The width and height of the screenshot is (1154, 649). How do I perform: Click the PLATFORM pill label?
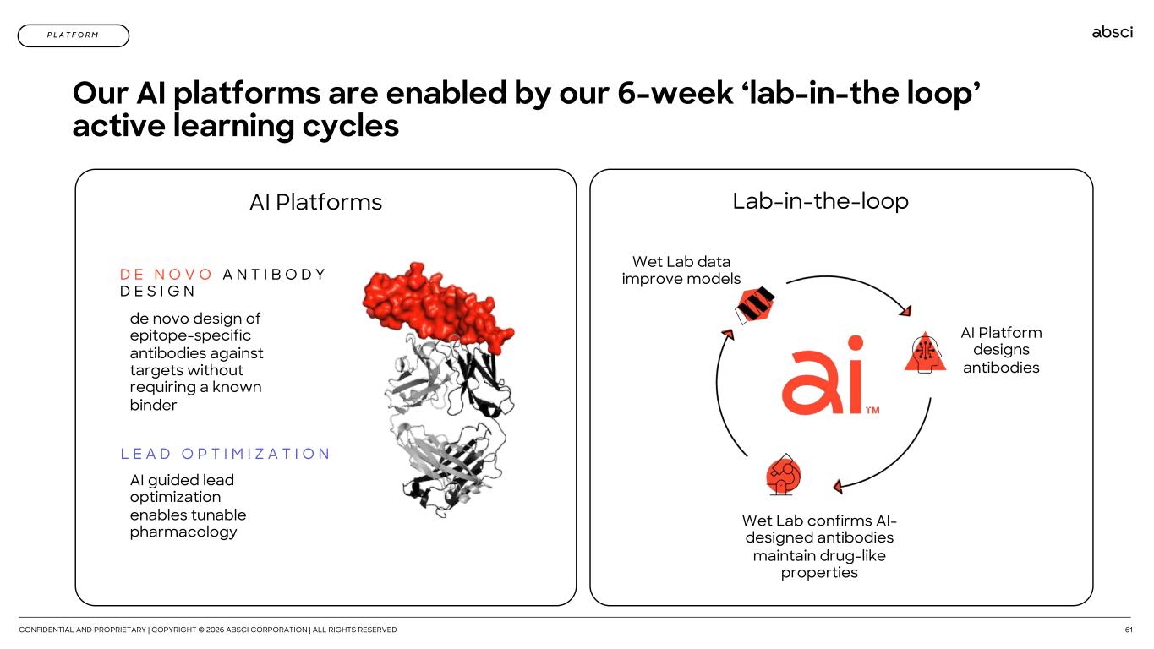74,35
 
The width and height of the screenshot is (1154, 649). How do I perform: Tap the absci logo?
1113,32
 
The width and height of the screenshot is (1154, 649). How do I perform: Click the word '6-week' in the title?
675,93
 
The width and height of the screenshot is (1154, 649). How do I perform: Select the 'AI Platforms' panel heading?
316,202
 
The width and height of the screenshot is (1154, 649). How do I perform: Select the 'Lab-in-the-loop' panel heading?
820,201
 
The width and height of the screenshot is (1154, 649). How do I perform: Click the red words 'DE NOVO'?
166,274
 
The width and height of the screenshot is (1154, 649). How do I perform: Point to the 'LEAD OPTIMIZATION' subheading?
225,454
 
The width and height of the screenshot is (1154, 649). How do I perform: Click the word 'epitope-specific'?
190,335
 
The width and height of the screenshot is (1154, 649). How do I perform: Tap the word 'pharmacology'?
183,532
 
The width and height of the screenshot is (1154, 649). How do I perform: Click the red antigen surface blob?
435,304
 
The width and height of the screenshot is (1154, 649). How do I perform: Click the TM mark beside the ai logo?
872,410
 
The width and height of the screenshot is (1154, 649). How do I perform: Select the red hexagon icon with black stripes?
755,305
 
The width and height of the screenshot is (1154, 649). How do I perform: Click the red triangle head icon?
925,353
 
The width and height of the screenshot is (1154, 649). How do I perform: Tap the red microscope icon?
783,475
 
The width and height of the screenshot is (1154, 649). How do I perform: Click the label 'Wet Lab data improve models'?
681,270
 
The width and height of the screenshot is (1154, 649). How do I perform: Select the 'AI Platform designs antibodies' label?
1001,350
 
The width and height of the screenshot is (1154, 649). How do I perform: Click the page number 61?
1129,630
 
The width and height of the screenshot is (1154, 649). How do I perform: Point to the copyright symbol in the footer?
201,630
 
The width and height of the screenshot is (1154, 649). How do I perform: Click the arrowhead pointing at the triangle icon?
905,310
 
